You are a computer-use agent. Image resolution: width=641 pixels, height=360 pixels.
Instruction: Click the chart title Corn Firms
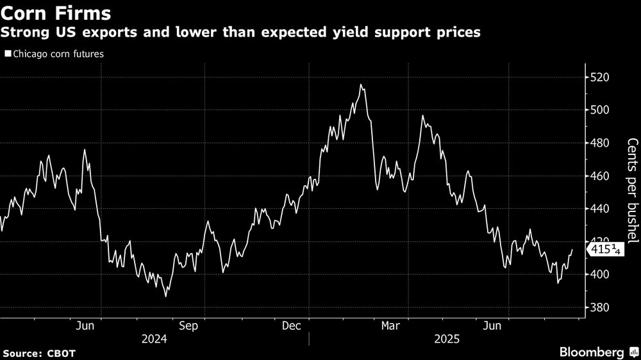click(x=56, y=13)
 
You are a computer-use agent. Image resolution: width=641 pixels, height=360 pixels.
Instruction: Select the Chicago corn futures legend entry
click(x=54, y=54)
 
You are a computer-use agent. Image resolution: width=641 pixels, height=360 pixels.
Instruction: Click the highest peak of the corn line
click(x=361, y=85)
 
